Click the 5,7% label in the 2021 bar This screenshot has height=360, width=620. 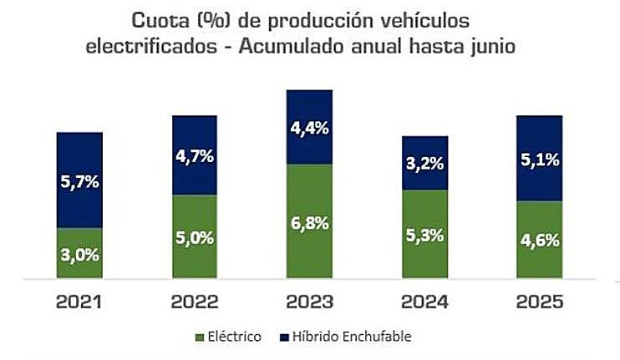coord(79,180)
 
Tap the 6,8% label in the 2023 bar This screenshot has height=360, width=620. coord(309,223)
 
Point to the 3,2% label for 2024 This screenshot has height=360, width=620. coord(424,164)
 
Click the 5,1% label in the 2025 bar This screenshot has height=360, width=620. coord(539,159)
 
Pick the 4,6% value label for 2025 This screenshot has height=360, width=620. coord(539,241)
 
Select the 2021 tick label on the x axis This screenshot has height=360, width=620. coord(79,301)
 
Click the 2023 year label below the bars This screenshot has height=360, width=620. coord(309,301)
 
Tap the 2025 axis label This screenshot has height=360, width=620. coord(539,301)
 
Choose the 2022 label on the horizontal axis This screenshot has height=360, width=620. coord(195,301)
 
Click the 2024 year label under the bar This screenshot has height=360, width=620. coord(424,301)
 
